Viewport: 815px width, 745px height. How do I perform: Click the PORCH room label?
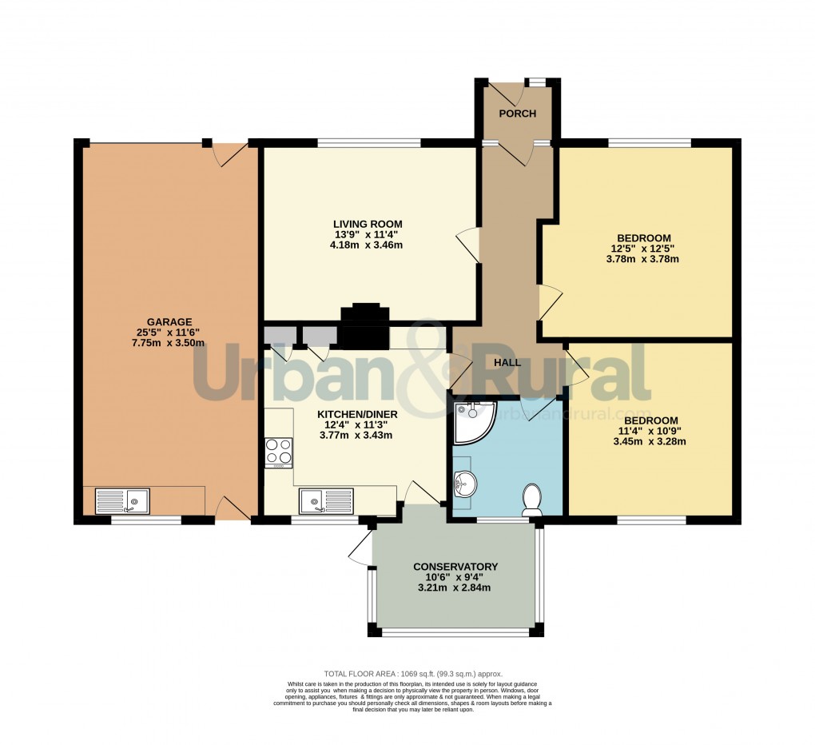[517, 114]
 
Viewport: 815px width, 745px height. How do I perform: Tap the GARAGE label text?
[169, 322]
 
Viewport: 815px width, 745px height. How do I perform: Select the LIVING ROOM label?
[368, 224]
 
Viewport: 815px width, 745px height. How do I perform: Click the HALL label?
[507, 362]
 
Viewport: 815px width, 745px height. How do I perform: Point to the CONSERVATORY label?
[455, 567]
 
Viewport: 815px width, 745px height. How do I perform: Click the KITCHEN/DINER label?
[352, 414]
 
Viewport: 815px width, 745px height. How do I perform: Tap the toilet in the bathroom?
[531, 500]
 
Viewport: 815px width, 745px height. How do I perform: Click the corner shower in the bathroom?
[471, 421]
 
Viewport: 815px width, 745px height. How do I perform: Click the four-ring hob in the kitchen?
[278, 452]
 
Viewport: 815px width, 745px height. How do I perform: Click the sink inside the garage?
[122, 502]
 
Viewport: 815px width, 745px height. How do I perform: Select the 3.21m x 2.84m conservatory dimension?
[454, 588]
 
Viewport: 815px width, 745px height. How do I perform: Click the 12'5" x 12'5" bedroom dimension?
[643, 249]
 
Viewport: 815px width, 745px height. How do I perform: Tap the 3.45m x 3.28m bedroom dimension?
[650, 441]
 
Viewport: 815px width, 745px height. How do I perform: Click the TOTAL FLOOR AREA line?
[413, 674]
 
